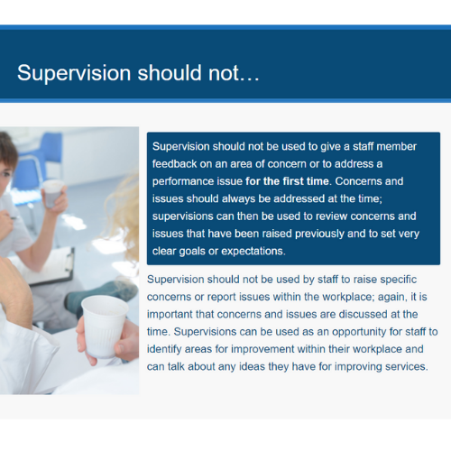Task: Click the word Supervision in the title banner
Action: point(74,73)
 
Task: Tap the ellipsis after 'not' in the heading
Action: point(249,78)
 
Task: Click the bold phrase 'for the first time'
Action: point(287,181)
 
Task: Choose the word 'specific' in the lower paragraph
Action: point(399,280)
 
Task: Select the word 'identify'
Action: point(164,349)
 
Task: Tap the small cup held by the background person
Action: point(52,193)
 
